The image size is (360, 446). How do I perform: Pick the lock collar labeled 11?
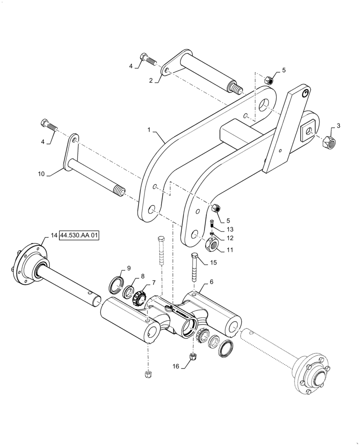[213, 244]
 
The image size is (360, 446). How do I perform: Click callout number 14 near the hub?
[54, 235]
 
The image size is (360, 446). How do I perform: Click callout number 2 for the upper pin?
[151, 80]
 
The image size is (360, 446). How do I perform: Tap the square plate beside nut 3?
[308, 130]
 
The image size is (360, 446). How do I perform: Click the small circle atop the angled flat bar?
[305, 93]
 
